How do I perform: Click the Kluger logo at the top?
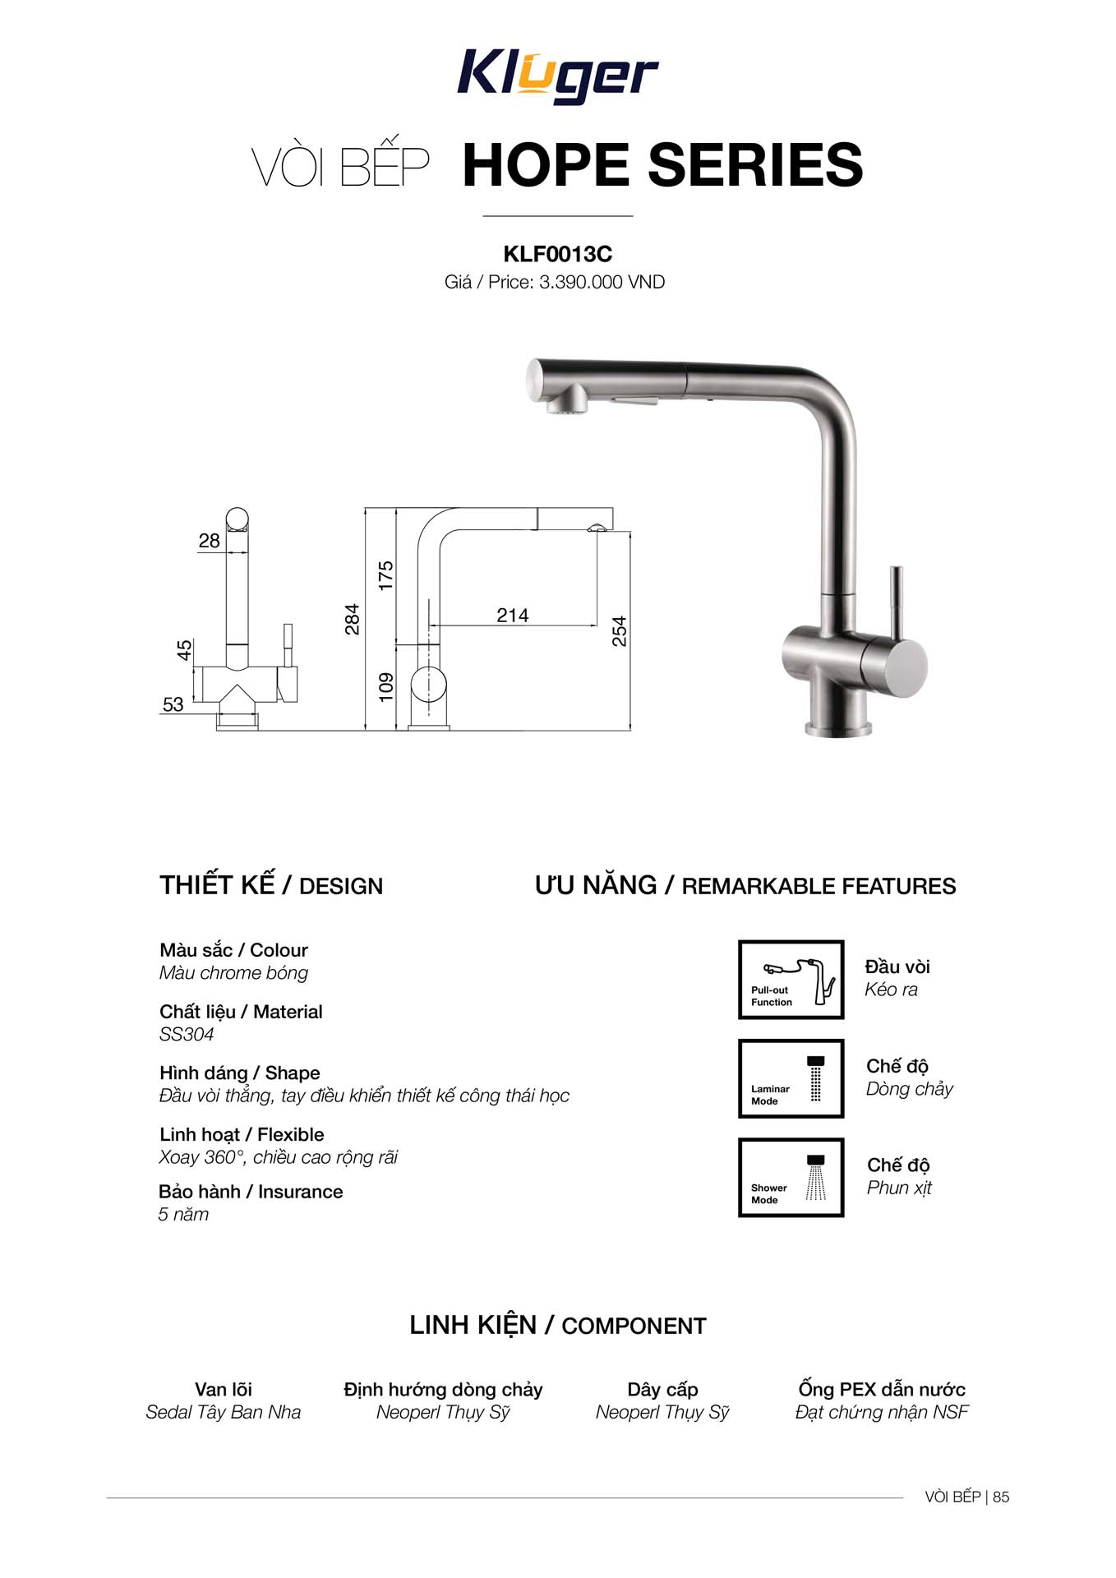tap(557, 76)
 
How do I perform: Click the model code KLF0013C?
tap(557, 254)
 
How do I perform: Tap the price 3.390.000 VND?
tap(602, 283)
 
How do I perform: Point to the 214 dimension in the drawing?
tap(512, 615)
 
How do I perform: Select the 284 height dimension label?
tap(353, 619)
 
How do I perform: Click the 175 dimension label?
tap(386, 575)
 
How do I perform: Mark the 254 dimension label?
tap(620, 630)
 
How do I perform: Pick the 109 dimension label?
tap(386, 686)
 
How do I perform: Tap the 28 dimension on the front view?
tap(209, 541)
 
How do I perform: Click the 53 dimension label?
tap(173, 704)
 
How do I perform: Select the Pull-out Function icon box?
tap(791, 980)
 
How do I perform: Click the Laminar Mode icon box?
tap(791, 1078)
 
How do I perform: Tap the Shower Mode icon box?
tap(791, 1177)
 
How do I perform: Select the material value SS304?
tap(187, 1035)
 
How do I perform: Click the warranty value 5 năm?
tap(183, 1215)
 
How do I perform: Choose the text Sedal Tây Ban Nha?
tap(224, 1412)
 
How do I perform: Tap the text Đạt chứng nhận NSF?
tap(882, 1412)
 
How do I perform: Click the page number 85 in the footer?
tap(1001, 1497)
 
